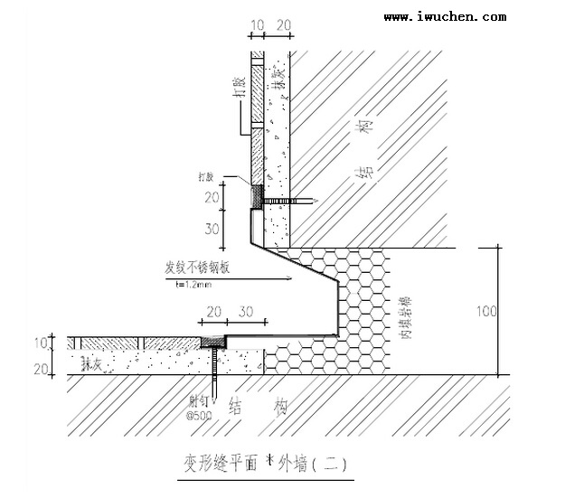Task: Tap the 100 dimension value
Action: coord(487,311)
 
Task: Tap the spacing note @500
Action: coord(199,417)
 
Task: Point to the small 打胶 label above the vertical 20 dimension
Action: coord(207,177)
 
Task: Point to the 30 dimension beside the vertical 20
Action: coord(212,229)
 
